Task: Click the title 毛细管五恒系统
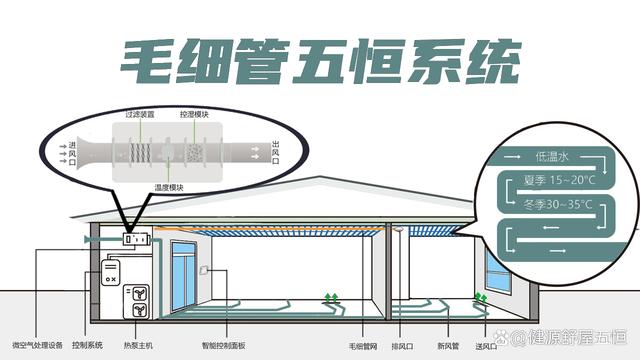pyautogui.click(x=321, y=62)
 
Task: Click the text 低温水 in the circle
pyautogui.click(x=552, y=157)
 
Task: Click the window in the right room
pyautogui.click(x=499, y=268)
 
